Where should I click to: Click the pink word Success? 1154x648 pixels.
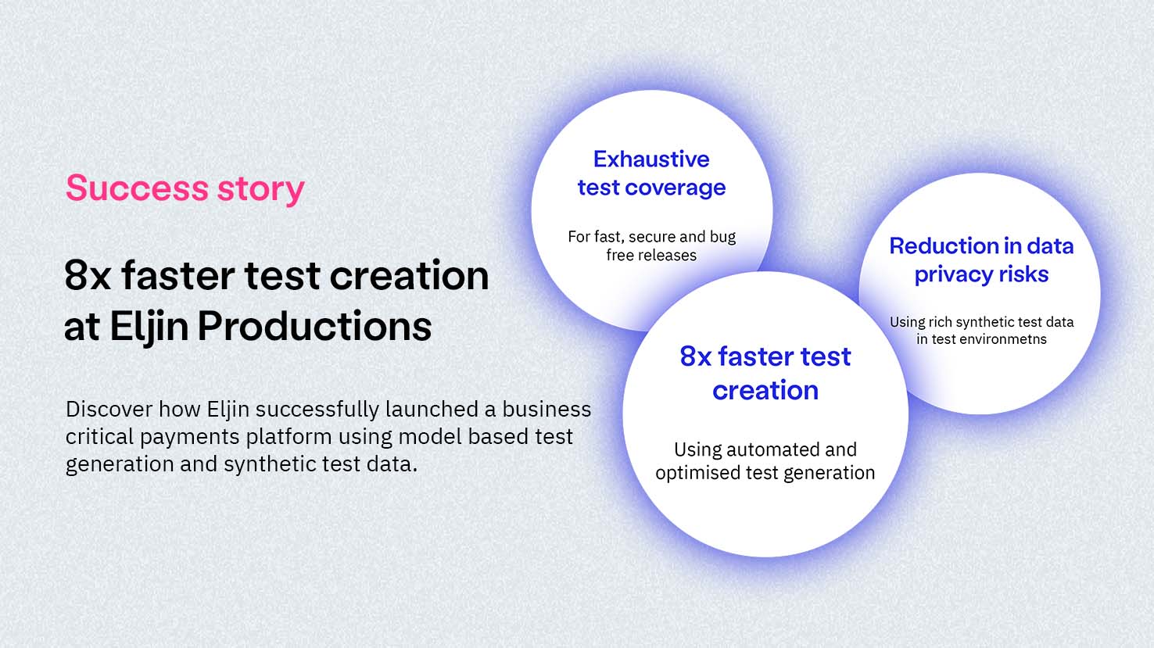click(137, 188)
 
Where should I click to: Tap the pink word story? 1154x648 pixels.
click(261, 190)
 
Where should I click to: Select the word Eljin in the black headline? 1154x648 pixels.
click(149, 328)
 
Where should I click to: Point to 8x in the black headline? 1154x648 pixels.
click(88, 275)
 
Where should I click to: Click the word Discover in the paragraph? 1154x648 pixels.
click(109, 409)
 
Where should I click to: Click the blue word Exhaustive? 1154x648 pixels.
click(651, 159)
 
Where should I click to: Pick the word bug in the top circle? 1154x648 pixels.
click(722, 237)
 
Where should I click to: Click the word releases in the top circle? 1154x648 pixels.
click(668, 255)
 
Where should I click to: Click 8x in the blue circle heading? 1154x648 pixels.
click(696, 356)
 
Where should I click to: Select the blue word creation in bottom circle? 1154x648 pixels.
click(765, 391)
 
